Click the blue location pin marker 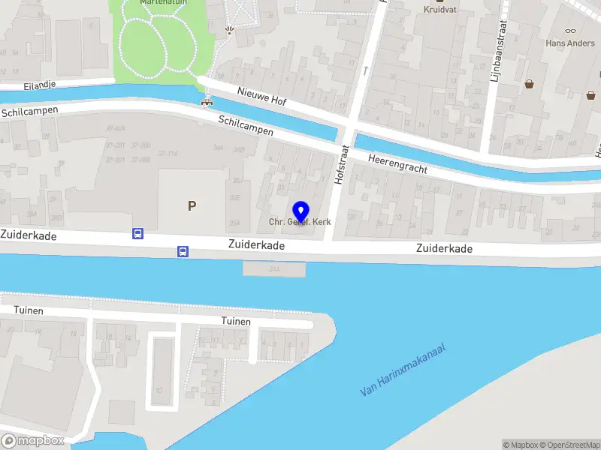coord(301,210)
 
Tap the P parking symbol coord(192,205)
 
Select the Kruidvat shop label coord(440,10)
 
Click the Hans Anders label coord(570,43)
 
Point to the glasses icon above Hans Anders coord(570,31)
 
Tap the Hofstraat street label coord(340,166)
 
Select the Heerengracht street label coord(397,163)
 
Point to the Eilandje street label coord(19,85)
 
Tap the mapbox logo coord(32,440)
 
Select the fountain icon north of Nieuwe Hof coord(230,31)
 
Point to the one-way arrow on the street coord(366,70)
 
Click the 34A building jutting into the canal coord(274,268)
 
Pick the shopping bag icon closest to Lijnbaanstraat coord(530,84)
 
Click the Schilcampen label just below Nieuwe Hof coord(246,125)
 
